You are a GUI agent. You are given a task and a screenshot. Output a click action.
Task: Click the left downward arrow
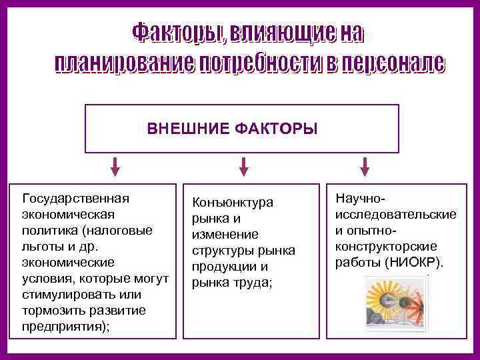coord(115,166)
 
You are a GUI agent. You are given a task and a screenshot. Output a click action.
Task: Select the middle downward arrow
coord(243,166)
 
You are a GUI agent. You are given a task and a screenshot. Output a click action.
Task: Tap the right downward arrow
coord(365,166)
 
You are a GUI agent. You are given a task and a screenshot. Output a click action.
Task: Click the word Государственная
coord(76,198)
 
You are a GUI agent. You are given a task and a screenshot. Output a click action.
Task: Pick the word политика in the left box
coord(49,230)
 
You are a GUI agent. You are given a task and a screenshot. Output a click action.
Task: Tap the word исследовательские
coord(396,214)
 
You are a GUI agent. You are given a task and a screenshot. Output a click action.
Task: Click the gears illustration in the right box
coord(393,301)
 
